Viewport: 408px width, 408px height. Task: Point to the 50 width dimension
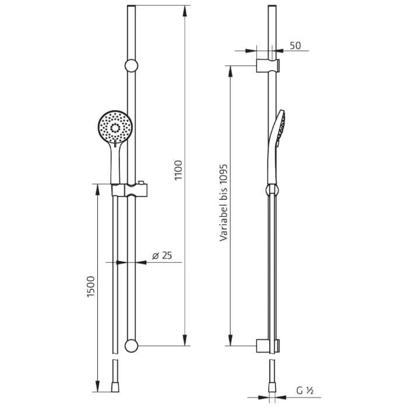(295, 45)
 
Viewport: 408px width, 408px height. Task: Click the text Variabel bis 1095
(223, 202)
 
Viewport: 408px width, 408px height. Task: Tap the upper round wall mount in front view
(132, 65)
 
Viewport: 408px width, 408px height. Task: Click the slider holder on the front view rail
(130, 191)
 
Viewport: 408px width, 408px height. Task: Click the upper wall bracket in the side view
(268, 65)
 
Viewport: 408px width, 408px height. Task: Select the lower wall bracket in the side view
(268, 346)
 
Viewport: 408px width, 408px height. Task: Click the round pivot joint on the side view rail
(272, 189)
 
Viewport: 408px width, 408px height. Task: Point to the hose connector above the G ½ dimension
(272, 385)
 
